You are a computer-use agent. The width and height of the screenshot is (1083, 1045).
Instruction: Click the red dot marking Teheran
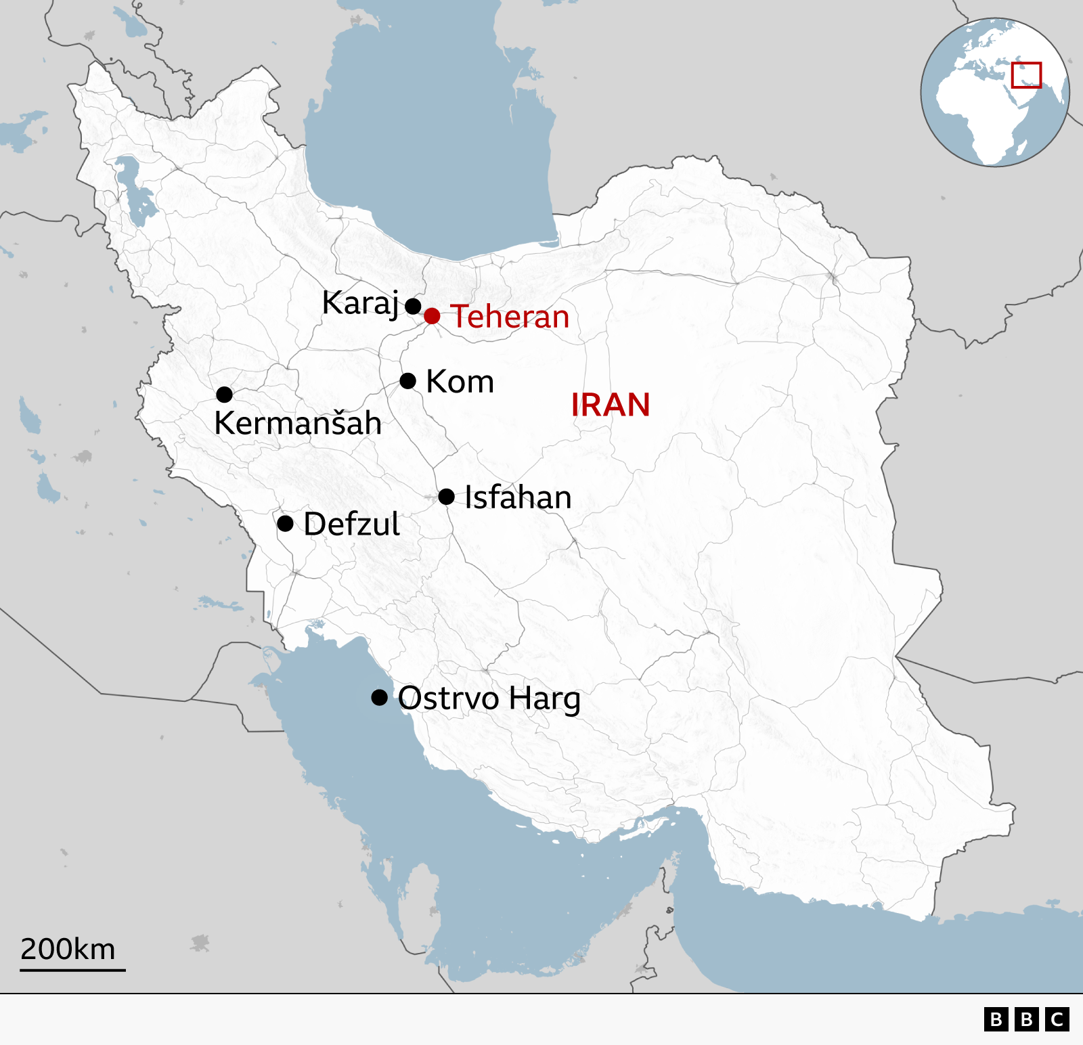coord(432,316)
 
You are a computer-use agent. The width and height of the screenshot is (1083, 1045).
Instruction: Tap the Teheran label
coord(510,317)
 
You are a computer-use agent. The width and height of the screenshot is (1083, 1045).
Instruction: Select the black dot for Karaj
coord(413,306)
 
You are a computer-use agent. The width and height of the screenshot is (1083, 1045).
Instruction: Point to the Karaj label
coord(360,303)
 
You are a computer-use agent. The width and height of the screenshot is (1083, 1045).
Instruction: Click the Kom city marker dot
coord(407,381)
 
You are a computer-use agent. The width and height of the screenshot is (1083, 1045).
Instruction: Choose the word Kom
coord(460,382)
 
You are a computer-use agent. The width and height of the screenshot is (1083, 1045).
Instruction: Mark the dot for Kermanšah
coord(225,394)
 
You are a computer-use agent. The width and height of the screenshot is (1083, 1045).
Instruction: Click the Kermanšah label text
coord(298,423)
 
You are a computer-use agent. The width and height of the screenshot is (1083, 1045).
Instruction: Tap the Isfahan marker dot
coord(446,497)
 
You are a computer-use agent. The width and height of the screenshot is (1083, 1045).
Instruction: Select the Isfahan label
coord(518,497)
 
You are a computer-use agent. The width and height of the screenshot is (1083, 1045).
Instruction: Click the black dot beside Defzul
coord(286,523)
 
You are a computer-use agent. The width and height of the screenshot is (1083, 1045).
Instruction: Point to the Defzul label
coord(351,525)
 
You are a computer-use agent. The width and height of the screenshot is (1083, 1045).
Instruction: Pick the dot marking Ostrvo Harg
coord(380,697)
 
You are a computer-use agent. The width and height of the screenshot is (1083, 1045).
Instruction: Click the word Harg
coord(544,698)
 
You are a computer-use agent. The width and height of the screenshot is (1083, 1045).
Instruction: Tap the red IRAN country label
coord(611,405)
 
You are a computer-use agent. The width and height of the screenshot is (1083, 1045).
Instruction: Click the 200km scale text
coord(68,949)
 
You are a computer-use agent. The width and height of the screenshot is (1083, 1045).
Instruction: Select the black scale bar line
coord(72,970)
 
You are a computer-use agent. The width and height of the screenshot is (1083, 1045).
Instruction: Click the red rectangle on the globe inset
coord(1026,75)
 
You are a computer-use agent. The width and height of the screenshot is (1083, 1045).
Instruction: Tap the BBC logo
coord(1026,1019)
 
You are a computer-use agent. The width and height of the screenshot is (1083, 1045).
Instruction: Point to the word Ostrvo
coord(448,698)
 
